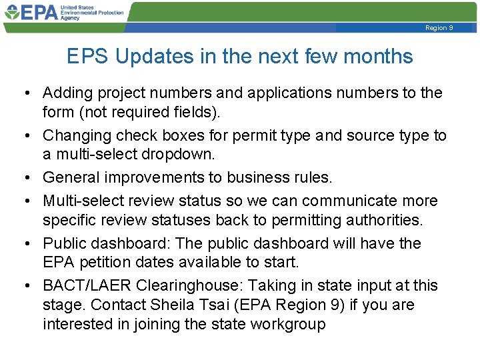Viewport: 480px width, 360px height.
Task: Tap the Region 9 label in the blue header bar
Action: click(439, 28)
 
